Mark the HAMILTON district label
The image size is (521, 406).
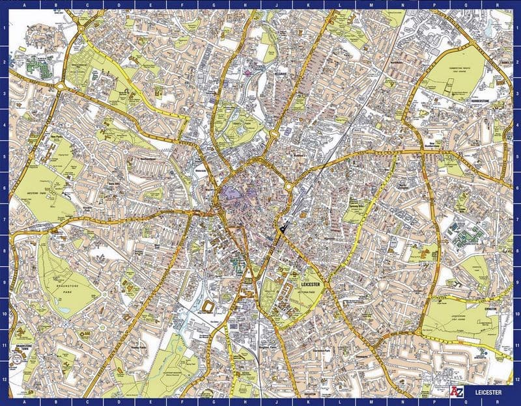pos(505,62)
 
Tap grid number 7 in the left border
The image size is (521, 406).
pos(4,219)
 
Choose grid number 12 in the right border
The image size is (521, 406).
pos(516,379)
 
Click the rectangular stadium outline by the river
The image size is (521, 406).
pos(208,306)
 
